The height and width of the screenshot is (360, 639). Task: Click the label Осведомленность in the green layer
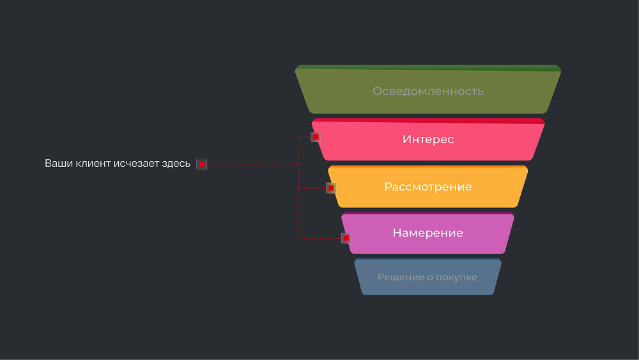click(x=428, y=91)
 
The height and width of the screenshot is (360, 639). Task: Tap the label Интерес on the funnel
click(x=428, y=139)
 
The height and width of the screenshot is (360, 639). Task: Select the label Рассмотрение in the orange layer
click(x=428, y=187)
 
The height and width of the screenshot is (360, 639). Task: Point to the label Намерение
click(x=427, y=233)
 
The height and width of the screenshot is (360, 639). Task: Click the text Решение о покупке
click(x=427, y=277)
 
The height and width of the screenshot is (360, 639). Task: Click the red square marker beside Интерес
click(x=316, y=136)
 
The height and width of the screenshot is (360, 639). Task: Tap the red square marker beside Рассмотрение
click(x=331, y=188)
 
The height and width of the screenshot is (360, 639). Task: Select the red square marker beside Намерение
click(x=346, y=238)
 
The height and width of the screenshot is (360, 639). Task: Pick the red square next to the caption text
click(x=201, y=164)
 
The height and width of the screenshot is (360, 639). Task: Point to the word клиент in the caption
click(x=93, y=164)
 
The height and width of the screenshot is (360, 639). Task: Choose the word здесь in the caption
click(x=176, y=164)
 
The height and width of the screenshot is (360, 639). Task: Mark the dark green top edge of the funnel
click(x=428, y=68)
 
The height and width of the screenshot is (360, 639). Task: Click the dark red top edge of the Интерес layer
click(x=428, y=120)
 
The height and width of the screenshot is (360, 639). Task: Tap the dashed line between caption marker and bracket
click(x=252, y=164)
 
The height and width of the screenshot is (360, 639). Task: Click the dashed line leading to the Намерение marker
click(x=319, y=238)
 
